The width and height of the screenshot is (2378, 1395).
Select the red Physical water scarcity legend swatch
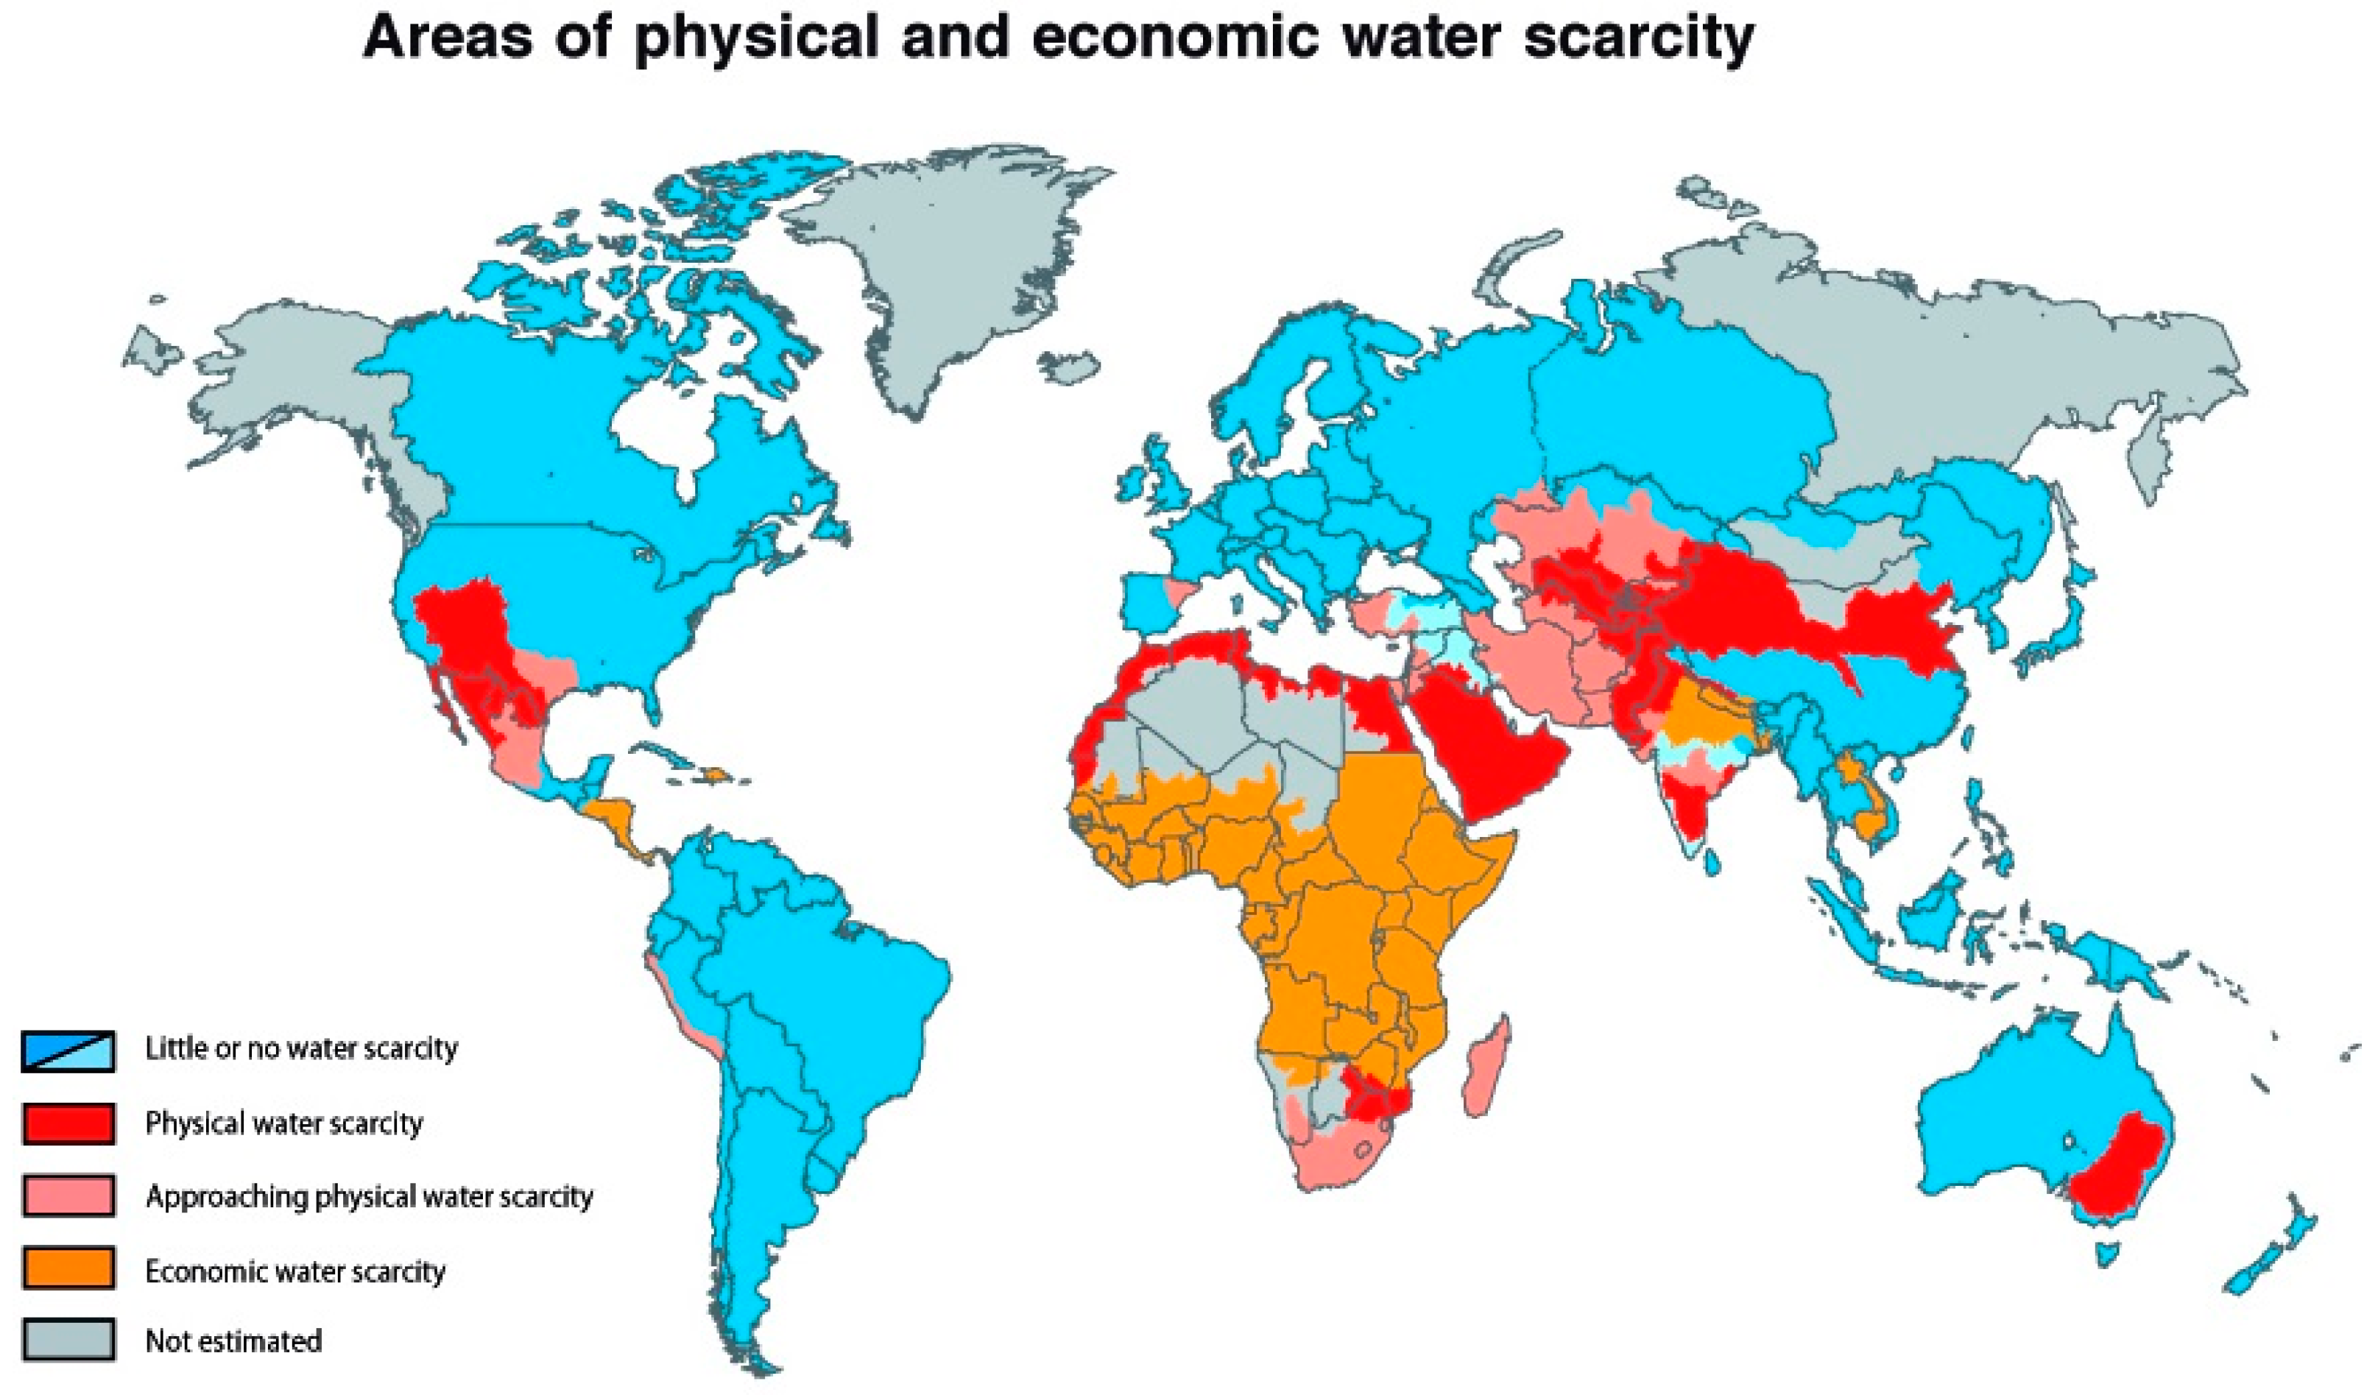pyautogui.click(x=68, y=1124)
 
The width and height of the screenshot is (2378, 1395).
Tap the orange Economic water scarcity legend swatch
pyautogui.click(x=68, y=1268)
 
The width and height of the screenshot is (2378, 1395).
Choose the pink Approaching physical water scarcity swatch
pyautogui.click(x=68, y=1196)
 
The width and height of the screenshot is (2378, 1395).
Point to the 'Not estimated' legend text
pyautogui.click(x=233, y=1341)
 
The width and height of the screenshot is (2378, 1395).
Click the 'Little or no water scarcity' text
pyautogui.click(x=301, y=1048)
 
